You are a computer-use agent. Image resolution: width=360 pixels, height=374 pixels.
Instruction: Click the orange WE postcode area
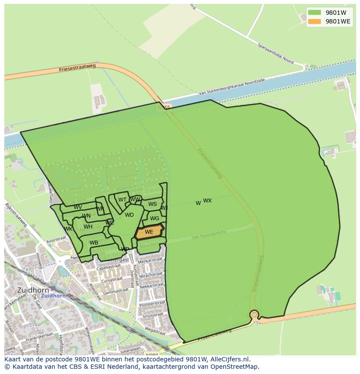point(149,232)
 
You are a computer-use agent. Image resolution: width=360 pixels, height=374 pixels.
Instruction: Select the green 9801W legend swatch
point(315,12)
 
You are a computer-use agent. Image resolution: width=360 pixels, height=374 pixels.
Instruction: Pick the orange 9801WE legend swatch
point(315,21)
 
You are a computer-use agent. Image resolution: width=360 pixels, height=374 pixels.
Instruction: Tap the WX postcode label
point(207,201)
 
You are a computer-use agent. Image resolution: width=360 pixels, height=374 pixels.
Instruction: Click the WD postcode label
point(129,215)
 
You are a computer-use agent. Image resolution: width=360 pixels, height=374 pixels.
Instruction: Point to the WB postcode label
point(94,243)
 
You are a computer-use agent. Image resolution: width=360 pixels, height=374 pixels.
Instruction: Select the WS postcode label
point(153,204)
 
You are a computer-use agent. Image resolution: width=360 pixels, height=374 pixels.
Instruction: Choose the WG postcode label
point(154,218)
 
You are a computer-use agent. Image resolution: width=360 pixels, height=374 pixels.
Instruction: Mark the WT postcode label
point(122,200)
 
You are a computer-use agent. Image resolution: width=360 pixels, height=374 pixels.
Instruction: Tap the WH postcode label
point(88,227)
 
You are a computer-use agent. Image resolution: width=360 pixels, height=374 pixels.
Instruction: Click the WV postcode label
point(78,207)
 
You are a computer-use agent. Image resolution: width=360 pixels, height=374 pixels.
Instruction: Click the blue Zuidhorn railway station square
point(53,288)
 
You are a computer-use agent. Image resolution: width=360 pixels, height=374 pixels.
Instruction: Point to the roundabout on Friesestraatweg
point(254,314)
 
